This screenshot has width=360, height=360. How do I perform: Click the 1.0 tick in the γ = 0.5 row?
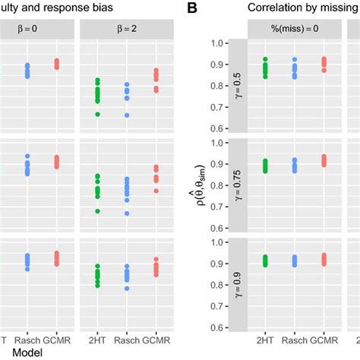[223, 43]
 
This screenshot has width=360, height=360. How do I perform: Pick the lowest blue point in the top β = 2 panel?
[126, 115]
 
